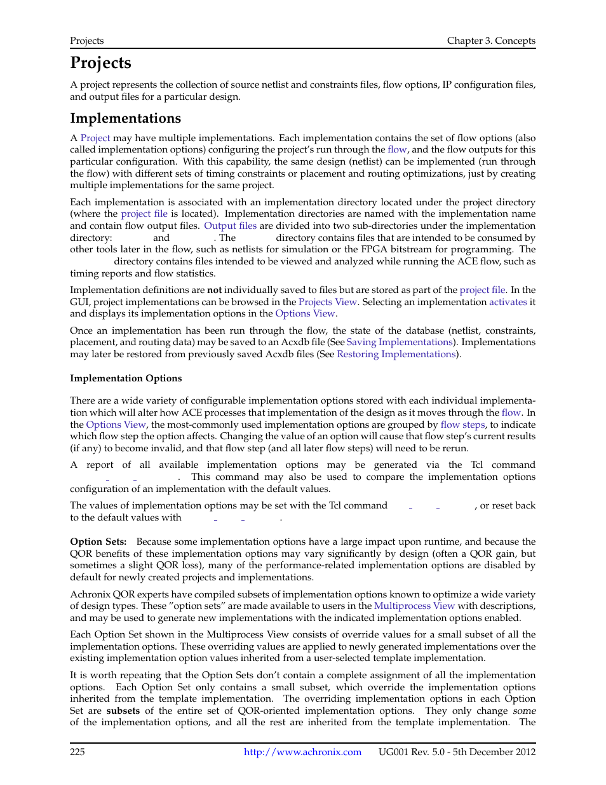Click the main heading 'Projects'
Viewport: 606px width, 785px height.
[x=100, y=63]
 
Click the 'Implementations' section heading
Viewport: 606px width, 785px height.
[x=125, y=118]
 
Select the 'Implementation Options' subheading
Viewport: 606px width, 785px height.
[x=126, y=378]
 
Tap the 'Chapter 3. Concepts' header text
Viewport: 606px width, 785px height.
[x=490, y=41]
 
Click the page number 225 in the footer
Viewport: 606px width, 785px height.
[x=77, y=752]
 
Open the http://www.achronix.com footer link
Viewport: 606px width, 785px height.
[x=302, y=752]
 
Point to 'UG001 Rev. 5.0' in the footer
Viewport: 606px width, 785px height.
[x=412, y=752]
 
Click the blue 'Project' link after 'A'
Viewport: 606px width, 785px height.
[x=95, y=138]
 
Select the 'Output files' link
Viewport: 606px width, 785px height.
[x=230, y=226]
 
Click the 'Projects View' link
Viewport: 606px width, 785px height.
[x=328, y=302]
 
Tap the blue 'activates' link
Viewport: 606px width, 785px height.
[x=508, y=302]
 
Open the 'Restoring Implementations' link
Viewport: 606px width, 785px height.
[x=396, y=354]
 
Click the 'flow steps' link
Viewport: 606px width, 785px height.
[x=462, y=425]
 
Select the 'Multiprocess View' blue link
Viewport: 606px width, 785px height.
[x=414, y=606]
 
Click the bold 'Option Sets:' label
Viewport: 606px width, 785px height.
[x=98, y=542]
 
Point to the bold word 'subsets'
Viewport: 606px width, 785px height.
[x=123, y=711]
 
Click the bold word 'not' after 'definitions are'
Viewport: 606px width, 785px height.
[x=214, y=290]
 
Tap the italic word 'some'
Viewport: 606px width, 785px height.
[x=524, y=711]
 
